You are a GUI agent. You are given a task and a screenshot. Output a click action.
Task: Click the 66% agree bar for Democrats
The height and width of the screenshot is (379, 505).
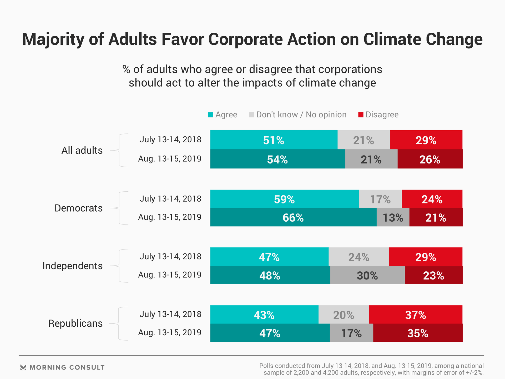coord(293,217)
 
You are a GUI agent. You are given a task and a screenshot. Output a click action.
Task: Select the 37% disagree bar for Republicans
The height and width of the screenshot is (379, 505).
coord(416,315)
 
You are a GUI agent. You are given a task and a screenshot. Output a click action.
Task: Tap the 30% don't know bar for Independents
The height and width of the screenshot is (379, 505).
coord(367,275)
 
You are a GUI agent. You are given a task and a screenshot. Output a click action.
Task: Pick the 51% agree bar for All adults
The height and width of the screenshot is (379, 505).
coord(274,140)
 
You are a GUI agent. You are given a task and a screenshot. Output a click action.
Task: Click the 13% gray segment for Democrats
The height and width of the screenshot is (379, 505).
coord(393,217)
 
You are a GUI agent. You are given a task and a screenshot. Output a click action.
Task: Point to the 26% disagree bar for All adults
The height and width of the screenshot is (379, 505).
coord(430,159)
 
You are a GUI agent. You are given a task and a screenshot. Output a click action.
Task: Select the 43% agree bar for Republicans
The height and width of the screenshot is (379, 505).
coord(264,315)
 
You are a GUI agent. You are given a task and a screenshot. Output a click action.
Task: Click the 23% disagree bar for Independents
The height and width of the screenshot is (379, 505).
coord(433,275)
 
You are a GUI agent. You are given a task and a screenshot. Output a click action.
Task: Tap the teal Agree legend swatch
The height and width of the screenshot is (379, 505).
coord(211,115)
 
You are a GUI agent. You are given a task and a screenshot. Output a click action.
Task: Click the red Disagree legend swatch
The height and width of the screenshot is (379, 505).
coord(361,115)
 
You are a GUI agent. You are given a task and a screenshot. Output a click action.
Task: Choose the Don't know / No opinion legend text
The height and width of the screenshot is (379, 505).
coord(301,115)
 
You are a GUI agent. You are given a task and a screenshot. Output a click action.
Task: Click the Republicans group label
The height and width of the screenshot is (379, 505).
coord(75,323)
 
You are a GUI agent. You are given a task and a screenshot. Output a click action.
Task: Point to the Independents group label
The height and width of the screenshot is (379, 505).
coord(73,266)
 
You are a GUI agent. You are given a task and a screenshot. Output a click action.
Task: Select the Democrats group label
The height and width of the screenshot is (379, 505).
coord(78,208)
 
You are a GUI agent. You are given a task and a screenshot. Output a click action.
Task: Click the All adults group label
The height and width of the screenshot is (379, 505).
coord(82,151)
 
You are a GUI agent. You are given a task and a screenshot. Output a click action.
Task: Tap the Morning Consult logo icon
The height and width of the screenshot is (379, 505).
coord(23,367)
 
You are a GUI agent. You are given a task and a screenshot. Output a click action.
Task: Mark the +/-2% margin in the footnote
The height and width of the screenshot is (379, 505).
coord(474,373)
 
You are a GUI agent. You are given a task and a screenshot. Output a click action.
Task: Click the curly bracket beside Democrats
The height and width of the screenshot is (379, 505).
coord(120,208)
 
